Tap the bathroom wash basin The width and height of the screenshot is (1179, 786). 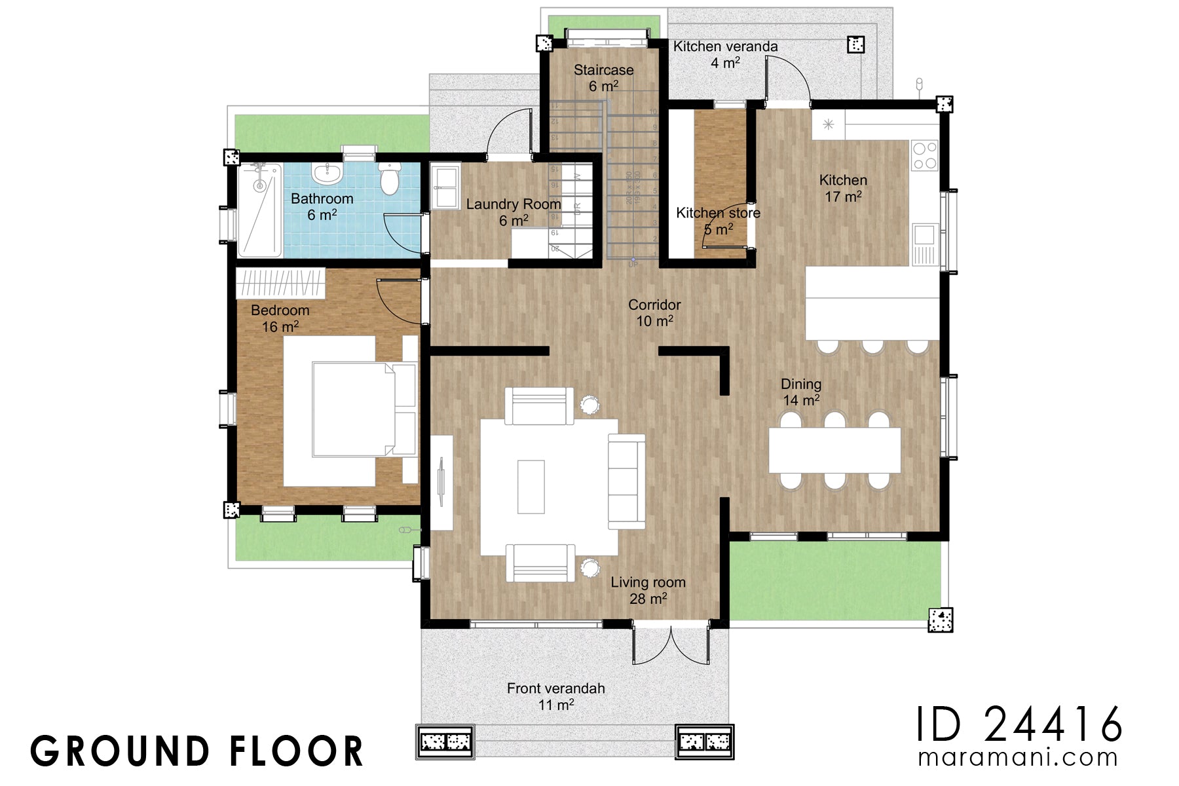327,174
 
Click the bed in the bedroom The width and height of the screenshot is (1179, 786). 354,409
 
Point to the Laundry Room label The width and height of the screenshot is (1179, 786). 514,204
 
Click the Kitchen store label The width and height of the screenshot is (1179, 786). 718,214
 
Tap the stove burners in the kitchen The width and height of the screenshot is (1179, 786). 924,156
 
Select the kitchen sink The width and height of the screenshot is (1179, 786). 925,234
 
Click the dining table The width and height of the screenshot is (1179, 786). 834,450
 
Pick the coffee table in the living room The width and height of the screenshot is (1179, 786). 531,487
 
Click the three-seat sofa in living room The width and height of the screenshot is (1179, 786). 626,481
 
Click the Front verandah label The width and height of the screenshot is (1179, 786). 555,689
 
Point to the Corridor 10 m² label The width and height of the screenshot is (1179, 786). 654,312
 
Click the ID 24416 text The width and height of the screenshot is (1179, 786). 1019,724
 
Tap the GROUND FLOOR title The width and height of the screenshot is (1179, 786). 197,751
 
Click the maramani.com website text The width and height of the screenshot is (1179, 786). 1018,758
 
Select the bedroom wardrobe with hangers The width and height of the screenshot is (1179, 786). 280,284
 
